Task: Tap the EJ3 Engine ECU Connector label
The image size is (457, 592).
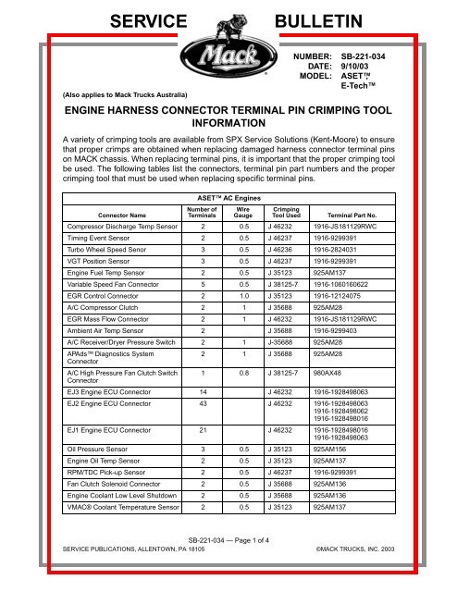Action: click(93, 429)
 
